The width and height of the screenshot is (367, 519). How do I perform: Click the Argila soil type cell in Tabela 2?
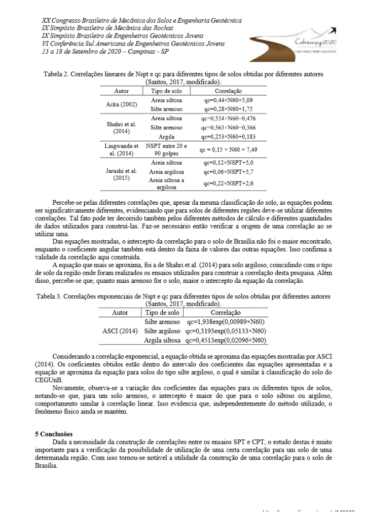[166, 137]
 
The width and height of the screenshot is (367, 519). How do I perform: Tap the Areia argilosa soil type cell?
[166, 172]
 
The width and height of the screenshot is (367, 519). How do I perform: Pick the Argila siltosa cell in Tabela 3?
[162, 340]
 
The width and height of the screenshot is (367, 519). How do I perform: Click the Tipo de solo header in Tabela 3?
[162, 313]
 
